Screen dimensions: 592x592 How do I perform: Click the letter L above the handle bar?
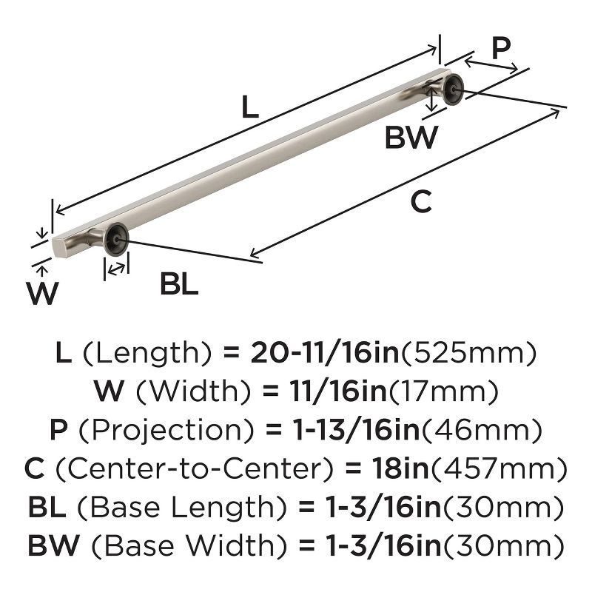tap(250, 109)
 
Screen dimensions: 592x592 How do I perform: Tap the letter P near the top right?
tap(502, 49)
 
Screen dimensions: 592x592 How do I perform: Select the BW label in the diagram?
tap(411, 138)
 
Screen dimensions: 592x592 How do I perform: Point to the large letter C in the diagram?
tap(420, 202)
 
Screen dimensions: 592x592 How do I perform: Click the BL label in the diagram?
tap(179, 285)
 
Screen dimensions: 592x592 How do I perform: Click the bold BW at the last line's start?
tap(53, 547)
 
